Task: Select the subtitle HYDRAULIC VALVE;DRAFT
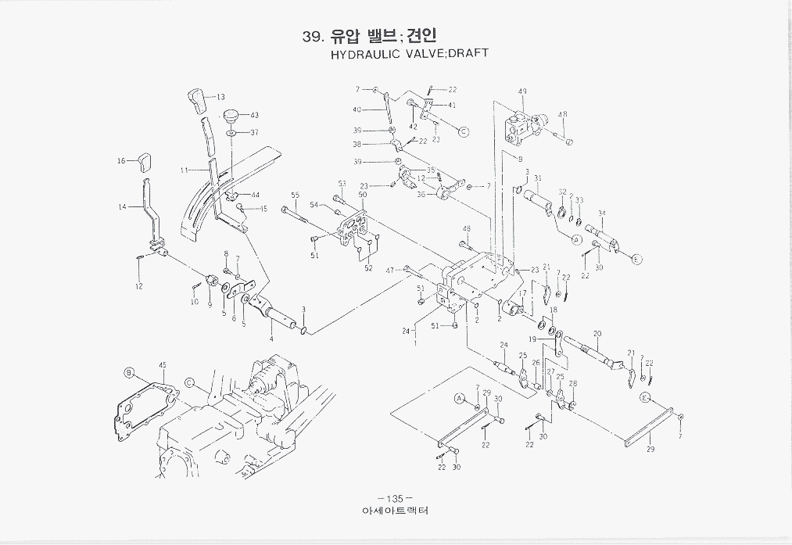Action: [x=410, y=54]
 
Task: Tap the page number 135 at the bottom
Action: [x=394, y=499]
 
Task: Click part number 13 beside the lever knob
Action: [x=220, y=97]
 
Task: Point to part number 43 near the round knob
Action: [x=254, y=115]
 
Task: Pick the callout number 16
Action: [x=121, y=161]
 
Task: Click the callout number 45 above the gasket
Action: [x=163, y=364]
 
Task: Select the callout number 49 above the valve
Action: [x=522, y=91]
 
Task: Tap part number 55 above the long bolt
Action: [x=295, y=195]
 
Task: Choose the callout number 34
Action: [x=601, y=213]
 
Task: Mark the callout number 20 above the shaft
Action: [x=597, y=333]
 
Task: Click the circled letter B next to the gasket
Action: [x=130, y=373]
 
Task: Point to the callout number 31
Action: [x=537, y=178]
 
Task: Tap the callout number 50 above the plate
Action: [x=363, y=194]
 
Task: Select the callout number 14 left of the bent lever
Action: [x=122, y=207]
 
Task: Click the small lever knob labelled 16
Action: [x=143, y=163]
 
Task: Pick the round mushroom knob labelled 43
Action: [x=231, y=117]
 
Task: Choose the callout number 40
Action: [x=357, y=110]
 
